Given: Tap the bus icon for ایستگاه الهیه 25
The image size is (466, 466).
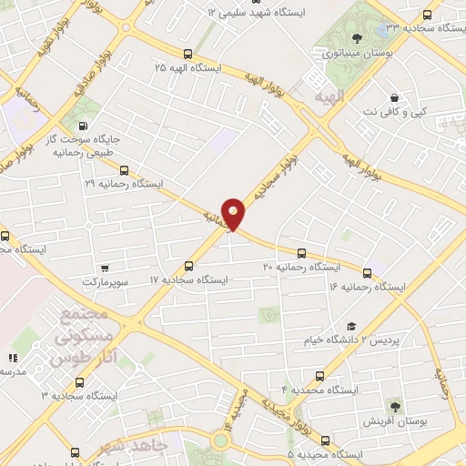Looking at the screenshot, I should pyautogui.click(x=187, y=54).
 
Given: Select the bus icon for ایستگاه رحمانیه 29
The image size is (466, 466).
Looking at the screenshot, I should pyautogui.click(x=124, y=169).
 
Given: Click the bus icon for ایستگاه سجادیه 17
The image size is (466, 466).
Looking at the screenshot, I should pyautogui.click(x=188, y=266).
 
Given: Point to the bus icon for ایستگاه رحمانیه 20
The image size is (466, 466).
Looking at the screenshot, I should pyautogui.click(x=300, y=252).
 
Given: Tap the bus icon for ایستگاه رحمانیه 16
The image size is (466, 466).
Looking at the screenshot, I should pyautogui.click(x=368, y=272).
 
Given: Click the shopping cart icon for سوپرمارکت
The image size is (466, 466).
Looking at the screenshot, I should pyautogui.click(x=106, y=268).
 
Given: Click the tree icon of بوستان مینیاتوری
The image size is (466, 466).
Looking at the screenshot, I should pyautogui.click(x=355, y=37).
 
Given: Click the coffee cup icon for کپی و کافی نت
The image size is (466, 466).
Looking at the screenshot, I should pyautogui.click(x=393, y=97).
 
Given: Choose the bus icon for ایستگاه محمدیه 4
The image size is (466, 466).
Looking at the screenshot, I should pyautogui.click(x=319, y=375).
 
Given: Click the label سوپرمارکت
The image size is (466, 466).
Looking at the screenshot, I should pyautogui.click(x=128, y=282).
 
